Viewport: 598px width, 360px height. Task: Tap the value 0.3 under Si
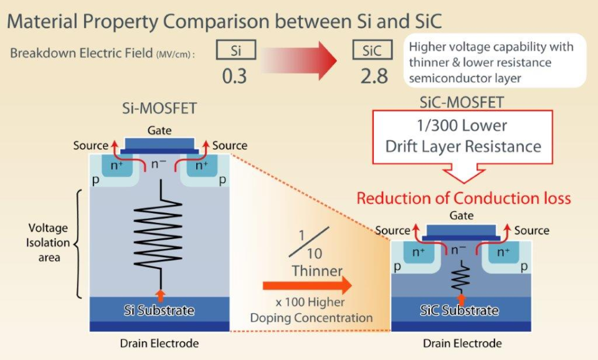(x=234, y=75)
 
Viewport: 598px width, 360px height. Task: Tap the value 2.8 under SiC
(x=374, y=75)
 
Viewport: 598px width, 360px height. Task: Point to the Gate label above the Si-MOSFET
(x=159, y=131)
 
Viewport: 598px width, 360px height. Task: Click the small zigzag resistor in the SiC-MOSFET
(x=461, y=277)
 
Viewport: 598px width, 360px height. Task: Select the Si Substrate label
(x=160, y=310)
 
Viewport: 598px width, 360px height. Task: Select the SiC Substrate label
(x=461, y=310)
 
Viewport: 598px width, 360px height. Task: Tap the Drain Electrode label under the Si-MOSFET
(x=159, y=343)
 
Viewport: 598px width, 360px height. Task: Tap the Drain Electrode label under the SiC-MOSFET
(x=462, y=343)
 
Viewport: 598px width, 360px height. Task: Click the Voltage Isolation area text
(x=47, y=243)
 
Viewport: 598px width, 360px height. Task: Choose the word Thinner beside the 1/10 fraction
(x=317, y=271)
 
